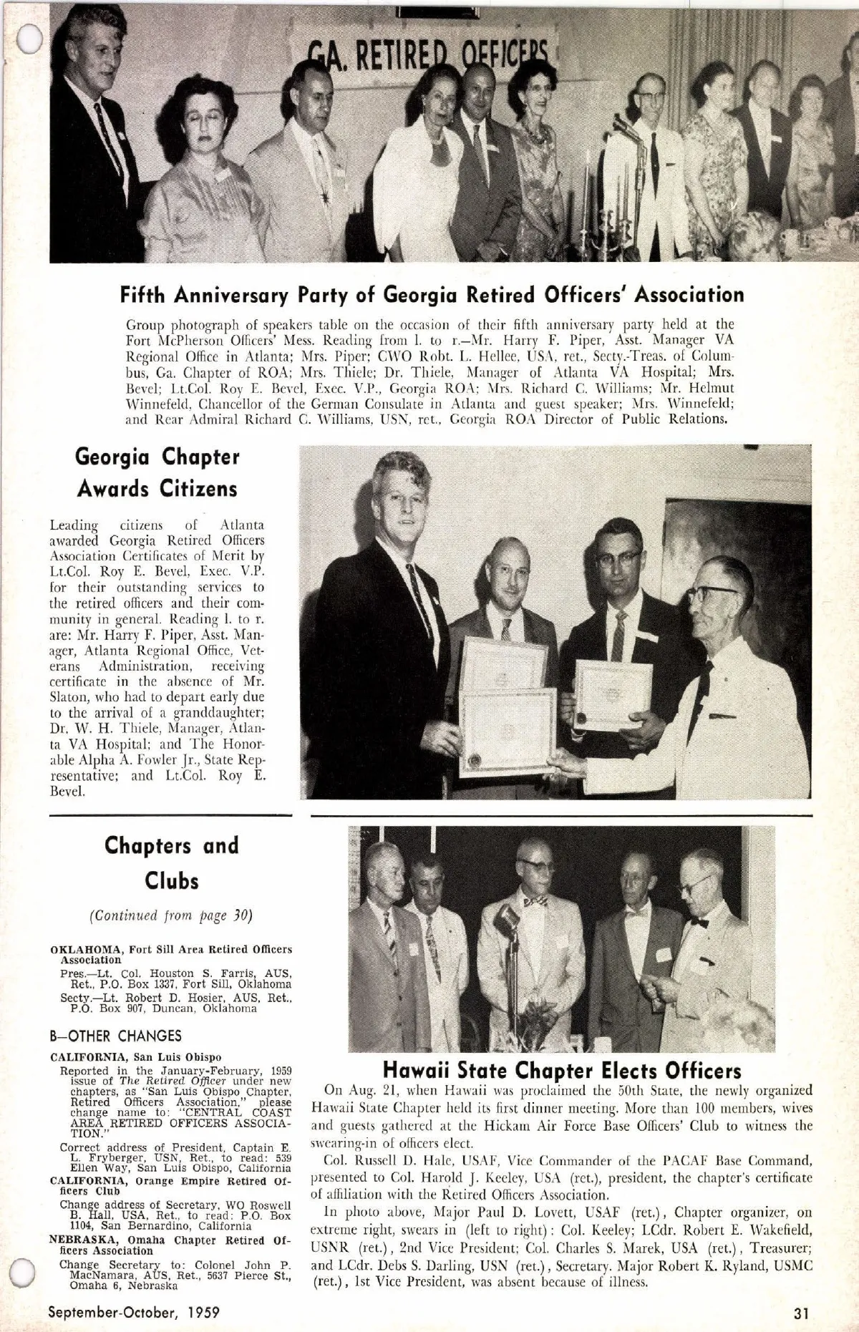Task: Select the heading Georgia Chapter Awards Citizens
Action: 157,473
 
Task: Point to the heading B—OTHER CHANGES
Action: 115,1036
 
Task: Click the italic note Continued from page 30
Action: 171,915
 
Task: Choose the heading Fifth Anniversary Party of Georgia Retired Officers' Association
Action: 432,294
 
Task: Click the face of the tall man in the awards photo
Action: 394,501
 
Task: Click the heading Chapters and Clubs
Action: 172,862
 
